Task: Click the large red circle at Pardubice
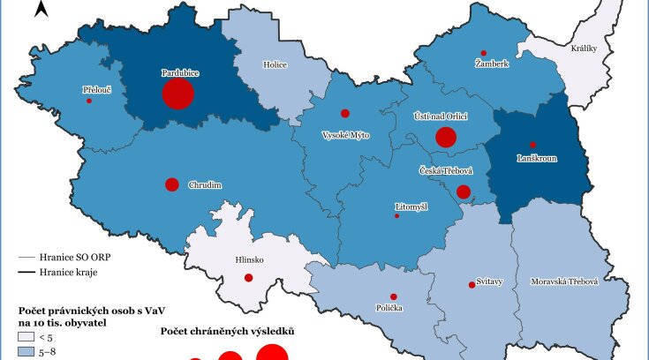177,94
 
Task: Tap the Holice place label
275,64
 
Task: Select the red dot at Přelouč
89,101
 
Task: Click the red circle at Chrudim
172,184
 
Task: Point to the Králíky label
585,49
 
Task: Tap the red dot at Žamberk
483,53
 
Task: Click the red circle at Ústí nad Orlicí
446,137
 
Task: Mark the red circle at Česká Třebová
464,192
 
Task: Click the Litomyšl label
410,206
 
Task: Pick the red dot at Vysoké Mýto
345,113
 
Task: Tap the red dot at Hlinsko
249,278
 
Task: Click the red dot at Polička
393,296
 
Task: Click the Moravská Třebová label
564,281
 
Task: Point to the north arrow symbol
40,10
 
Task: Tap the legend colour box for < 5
27,336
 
